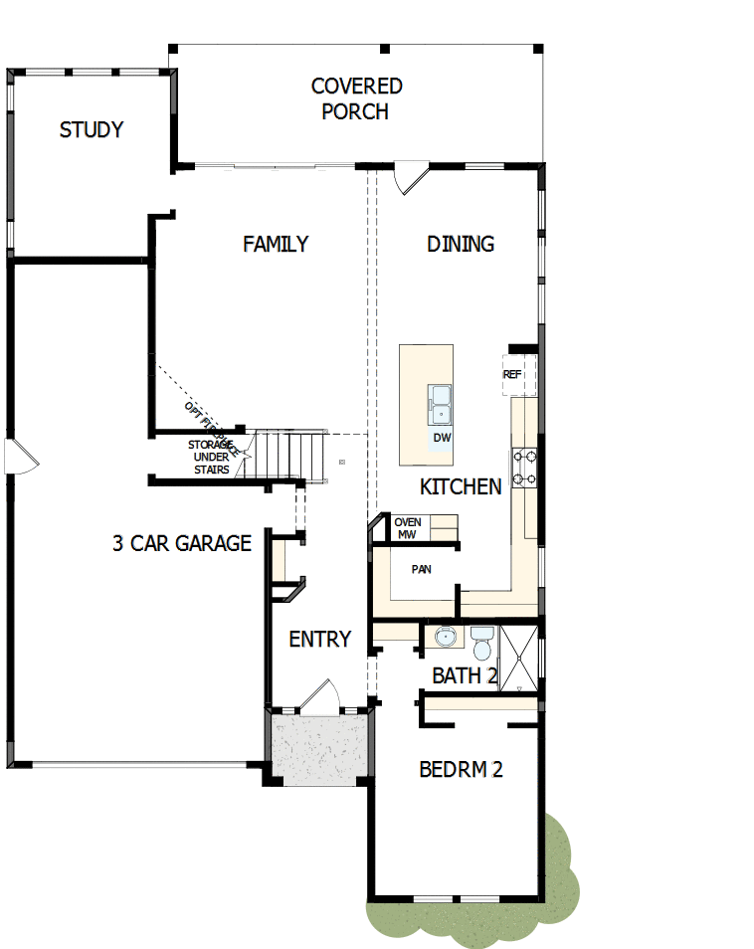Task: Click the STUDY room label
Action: (92, 129)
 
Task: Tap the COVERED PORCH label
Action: (356, 98)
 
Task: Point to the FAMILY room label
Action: (276, 244)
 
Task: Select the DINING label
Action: (461, 244)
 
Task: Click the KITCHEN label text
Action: (461, 486)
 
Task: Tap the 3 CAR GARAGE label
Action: (182, 543)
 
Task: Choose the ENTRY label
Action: (319, 640)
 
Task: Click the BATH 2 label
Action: (465, 676)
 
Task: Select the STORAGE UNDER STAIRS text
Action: (210, 457)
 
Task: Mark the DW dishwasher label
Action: (442, 437)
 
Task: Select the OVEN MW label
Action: (408, 528)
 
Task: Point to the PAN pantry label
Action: (421, 570)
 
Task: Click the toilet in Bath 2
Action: (482, 645)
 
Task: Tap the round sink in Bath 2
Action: (445, 637)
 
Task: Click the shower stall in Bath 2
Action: (519, 657)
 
